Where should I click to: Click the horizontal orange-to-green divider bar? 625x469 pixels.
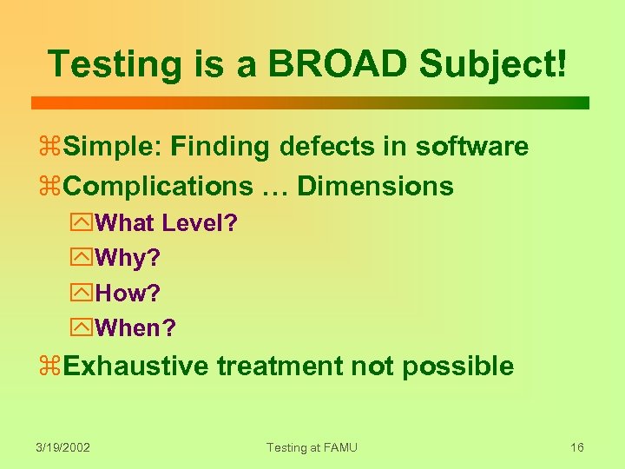310,102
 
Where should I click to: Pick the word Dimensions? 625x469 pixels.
375,186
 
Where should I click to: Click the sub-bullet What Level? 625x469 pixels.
166,223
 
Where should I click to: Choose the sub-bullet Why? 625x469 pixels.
128,258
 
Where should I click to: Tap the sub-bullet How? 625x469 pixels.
128,294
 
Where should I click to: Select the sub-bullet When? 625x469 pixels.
135,328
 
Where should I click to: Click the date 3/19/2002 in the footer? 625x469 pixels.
63,447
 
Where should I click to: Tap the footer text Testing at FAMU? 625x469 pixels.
312,447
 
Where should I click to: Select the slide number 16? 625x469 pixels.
577,447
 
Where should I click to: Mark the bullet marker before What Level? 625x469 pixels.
85,224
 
